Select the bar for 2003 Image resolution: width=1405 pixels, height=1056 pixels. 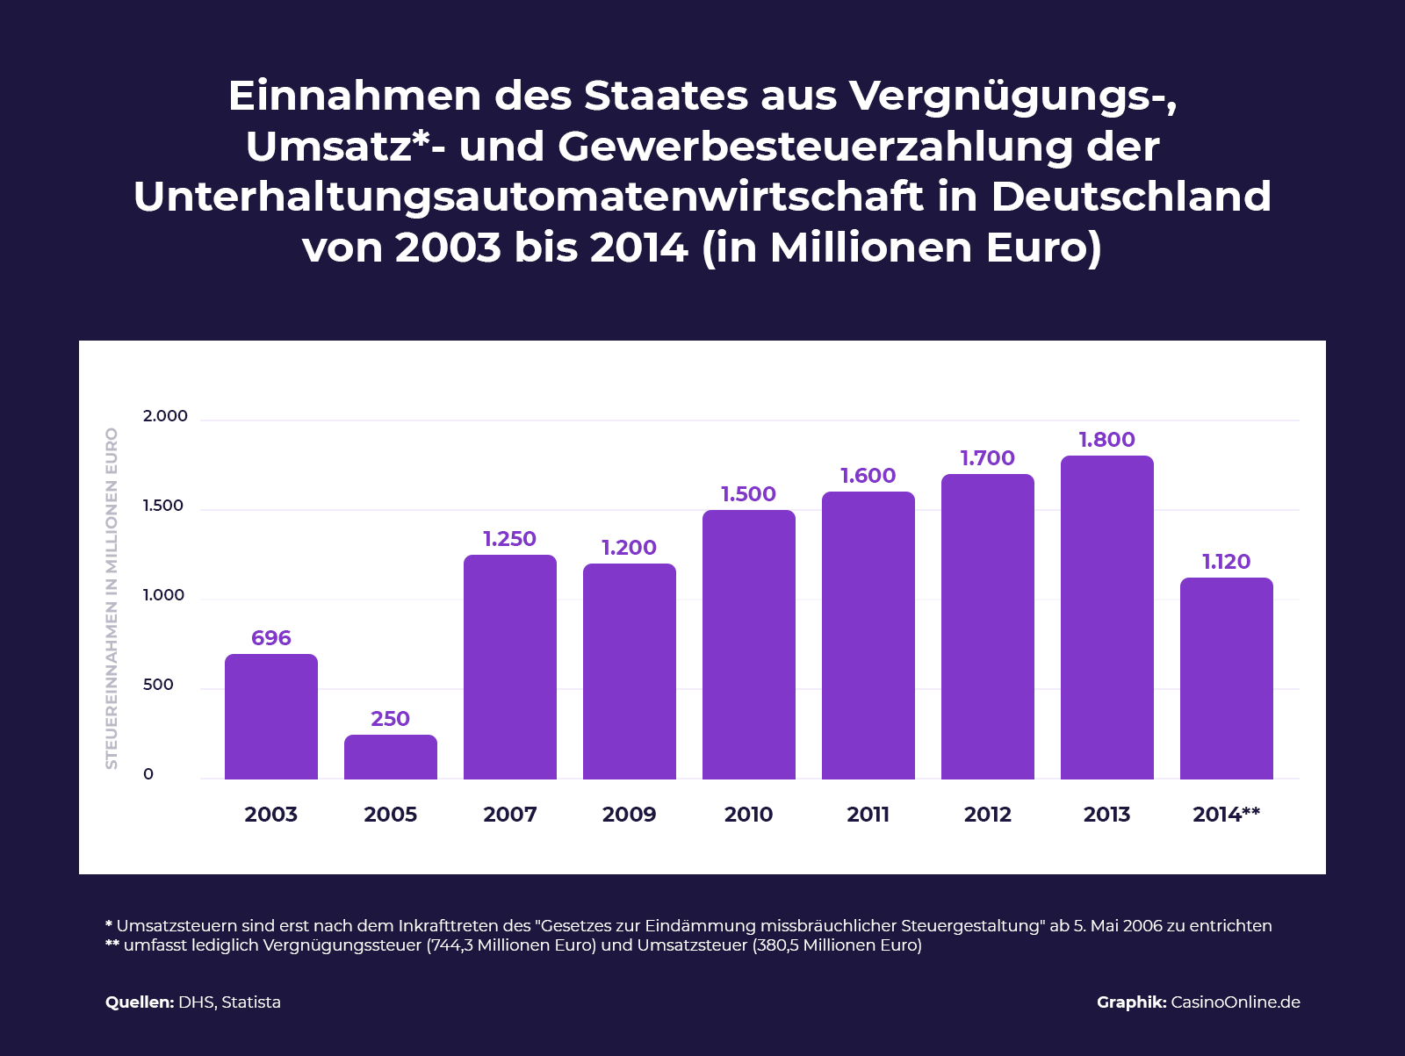(270, 716)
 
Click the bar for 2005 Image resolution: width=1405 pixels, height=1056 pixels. (390, 757)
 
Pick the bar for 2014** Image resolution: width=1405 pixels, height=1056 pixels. (1226, 678)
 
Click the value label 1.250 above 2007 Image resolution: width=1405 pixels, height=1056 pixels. (509, 539)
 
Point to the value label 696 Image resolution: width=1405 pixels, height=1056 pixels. (270, 638)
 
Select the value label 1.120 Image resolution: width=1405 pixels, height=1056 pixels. (1226, 562)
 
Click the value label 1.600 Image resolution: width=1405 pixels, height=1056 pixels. (868, 476)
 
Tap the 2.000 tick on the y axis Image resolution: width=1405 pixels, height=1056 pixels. (165, 416)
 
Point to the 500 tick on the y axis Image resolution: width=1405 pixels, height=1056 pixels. (158, 685)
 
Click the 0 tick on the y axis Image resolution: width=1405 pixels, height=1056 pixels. (148, 774)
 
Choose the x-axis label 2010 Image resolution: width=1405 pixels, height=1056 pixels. (748, 815)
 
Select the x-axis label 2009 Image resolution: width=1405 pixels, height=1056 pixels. (629, 815)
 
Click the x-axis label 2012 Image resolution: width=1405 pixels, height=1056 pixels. (987, 815)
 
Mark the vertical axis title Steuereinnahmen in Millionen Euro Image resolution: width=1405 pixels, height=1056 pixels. (112, 599)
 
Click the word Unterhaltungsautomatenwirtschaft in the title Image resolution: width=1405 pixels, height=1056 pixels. (527, 197)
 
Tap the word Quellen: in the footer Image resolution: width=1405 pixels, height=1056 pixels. (140, 1002)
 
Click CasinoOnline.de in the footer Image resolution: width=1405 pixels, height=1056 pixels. (1235, 1002)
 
